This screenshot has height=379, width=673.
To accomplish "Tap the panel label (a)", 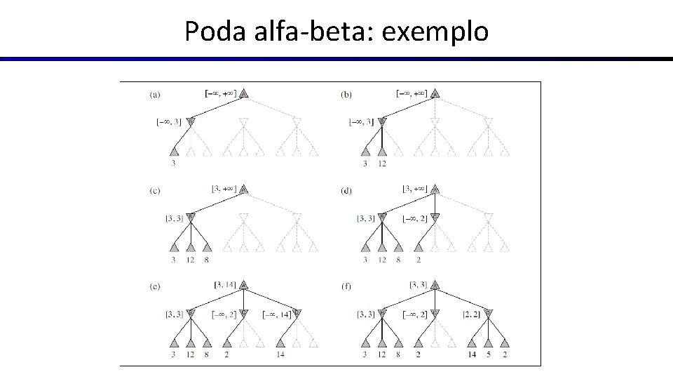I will (155, 94).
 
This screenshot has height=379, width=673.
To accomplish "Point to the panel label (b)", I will (346, 94).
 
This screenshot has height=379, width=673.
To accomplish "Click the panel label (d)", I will (346, 190).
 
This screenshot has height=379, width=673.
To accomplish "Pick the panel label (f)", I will (346, 286).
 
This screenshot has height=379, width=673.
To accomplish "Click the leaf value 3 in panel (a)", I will (174, 164).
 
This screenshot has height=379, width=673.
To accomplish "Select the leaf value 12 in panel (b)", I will (381, 164).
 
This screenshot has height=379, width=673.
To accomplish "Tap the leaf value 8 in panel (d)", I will (398, 260).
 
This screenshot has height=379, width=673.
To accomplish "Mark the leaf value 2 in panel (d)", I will (419, 260).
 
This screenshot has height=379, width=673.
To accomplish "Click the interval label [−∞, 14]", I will (278, 314).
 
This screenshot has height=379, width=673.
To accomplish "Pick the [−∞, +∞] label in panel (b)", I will (412, 92).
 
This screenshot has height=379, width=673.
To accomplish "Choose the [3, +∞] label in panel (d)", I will (415, 189).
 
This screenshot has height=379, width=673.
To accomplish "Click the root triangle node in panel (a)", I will (243, 93).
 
